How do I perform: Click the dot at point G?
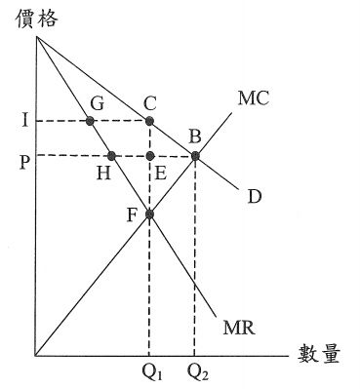pyautogui.click(x=91, y=121)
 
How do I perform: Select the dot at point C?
pyautogui.click(x=149, y=121)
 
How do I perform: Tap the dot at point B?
pyautogui.click(x=195, y=156)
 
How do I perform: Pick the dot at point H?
pyautogui.click(x=112, y=156)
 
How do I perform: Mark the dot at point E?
pyautogui.click(x=149, y=156)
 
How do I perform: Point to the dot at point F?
pyautogui.click(x=149, y=214)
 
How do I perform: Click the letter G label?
pyautogui.click(x=97, y=101)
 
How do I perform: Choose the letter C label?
pyautogui.click(x=149, y=100)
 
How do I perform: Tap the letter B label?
pyautogui.click(x=195, y=136)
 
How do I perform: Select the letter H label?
pyautogui.click(x=103, y=174)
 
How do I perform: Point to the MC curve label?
pyautogui.click(x=253, y=99)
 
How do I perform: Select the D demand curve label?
pyautogui.click(x=255, y=198)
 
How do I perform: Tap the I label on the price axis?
pyautogui.click(x=21, y=121)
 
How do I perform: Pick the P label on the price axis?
pyautogui.click(x=21, y=155)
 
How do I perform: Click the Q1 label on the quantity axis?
pyautogui.click(x=149, y=372)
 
